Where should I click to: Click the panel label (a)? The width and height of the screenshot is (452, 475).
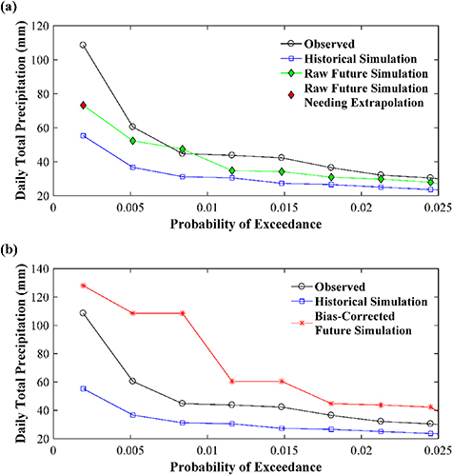(11, 9)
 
